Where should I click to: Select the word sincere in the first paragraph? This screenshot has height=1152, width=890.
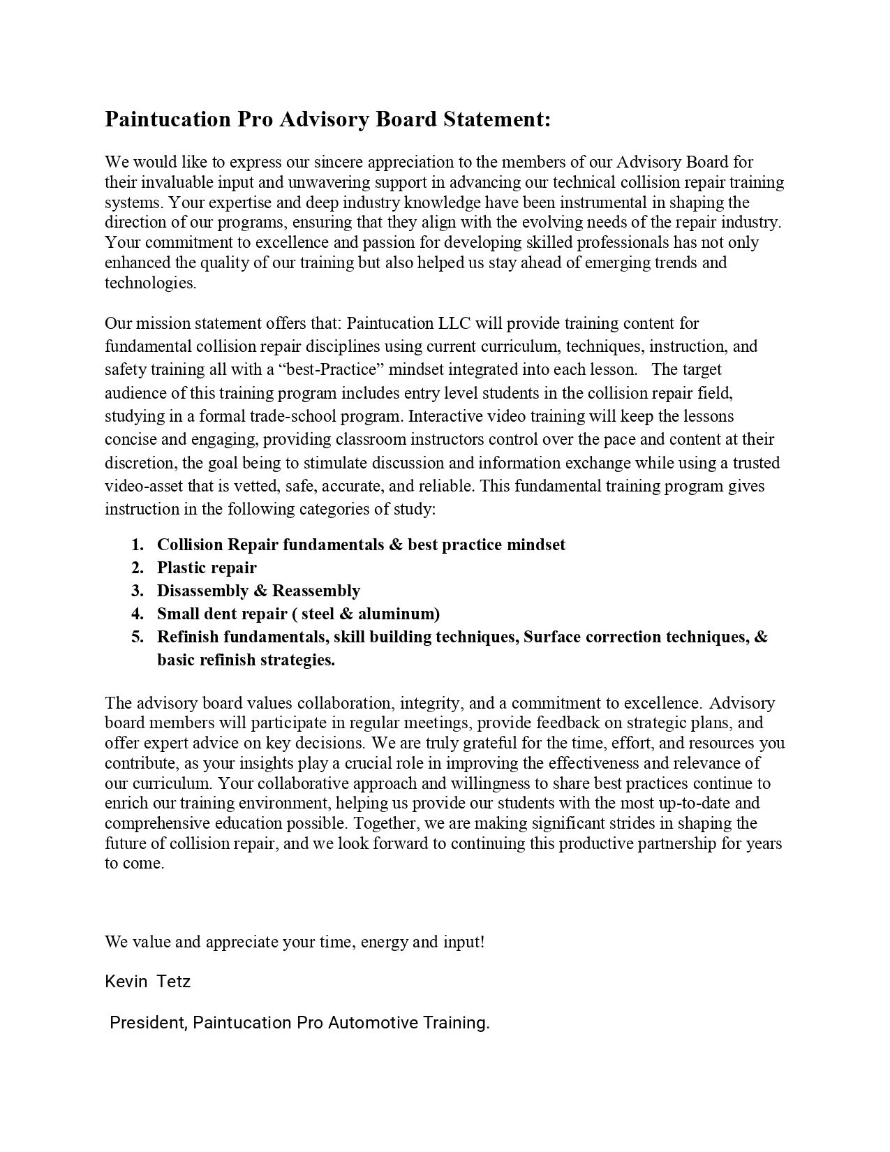click(x=339, y=162)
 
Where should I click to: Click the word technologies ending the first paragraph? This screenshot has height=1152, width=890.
click(x=150, y=283)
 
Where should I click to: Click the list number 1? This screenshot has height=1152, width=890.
click(x=138, y=545)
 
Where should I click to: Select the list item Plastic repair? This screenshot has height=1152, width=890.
click(x=207, y=568)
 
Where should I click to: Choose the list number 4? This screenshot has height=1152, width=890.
click(x=138, y=614)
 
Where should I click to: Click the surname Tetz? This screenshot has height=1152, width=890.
click(x=174, y=982)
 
